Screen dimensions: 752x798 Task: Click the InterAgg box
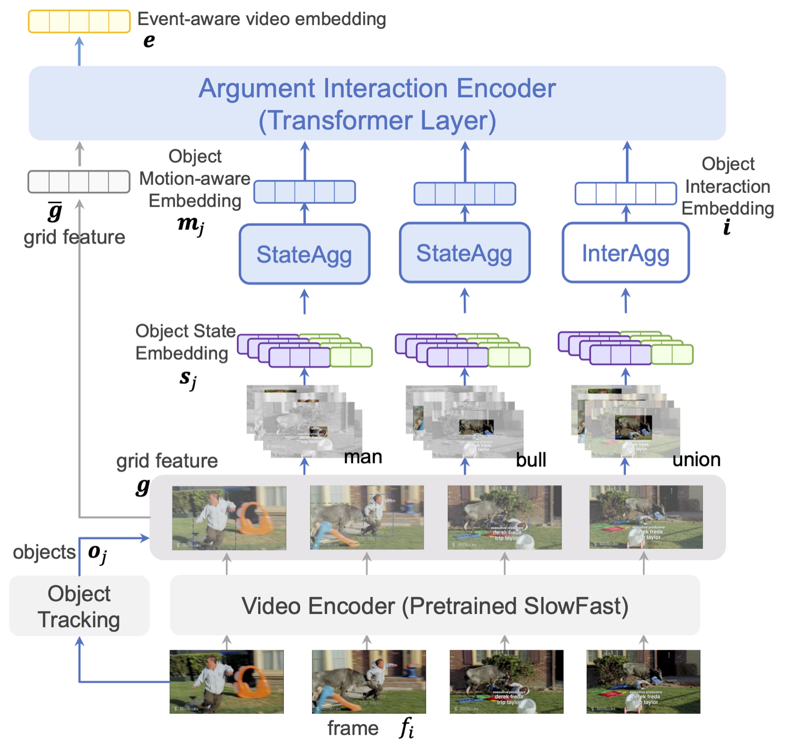625,253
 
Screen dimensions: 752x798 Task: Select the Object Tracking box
79,606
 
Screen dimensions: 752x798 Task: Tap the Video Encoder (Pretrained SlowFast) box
435,605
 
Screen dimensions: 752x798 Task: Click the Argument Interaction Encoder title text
377,89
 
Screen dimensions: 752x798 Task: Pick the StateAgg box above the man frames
304,254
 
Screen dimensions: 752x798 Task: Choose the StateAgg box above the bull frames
464,253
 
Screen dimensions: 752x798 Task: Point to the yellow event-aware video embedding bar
79,21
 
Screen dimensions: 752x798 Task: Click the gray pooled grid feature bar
79,181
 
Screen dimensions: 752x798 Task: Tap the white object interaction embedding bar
625,193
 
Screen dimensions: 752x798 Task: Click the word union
696,459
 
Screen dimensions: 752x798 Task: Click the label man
363,457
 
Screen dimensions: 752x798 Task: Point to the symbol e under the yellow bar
149,41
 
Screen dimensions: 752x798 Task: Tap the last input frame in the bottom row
643,681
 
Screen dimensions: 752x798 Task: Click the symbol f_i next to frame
406,729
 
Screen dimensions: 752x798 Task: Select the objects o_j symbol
97,553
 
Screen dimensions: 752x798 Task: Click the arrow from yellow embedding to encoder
79,50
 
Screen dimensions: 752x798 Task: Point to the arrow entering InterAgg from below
625,301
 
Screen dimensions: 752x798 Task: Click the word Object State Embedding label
185,342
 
